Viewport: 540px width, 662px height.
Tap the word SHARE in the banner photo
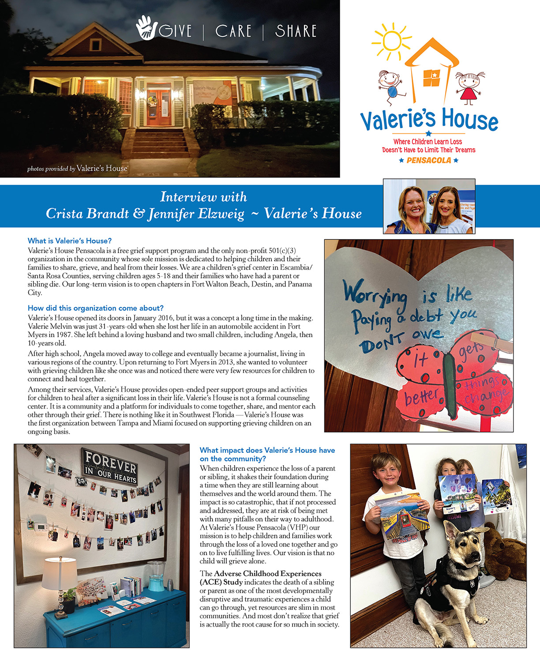click(296, 31)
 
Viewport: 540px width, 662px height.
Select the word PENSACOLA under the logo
click(429, 160)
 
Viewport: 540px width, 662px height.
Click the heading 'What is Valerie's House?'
click(70, 241)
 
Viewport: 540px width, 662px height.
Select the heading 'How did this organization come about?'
click(96, 308)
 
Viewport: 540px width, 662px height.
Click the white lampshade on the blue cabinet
click(59, 573)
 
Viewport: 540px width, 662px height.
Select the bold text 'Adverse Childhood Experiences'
click(267, 573)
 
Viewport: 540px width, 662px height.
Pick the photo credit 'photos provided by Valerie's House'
click(77, 169)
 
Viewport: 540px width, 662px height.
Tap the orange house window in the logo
click(431, 78)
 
